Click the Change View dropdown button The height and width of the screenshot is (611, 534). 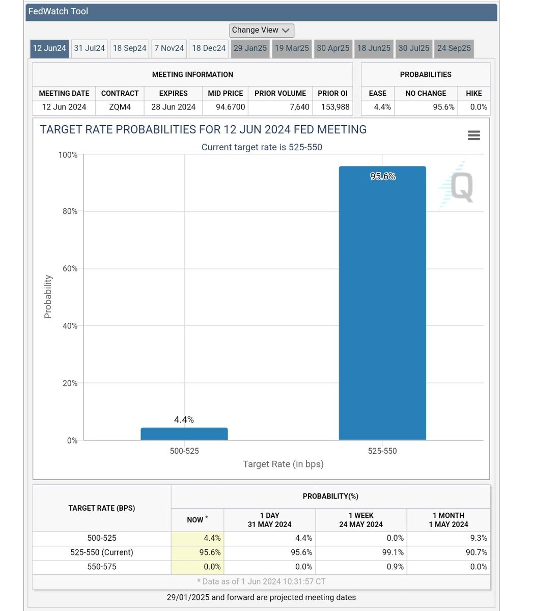262,31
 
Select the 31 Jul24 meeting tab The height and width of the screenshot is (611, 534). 89,48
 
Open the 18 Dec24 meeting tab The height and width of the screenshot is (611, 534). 209,48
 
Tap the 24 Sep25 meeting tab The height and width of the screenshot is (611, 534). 454,48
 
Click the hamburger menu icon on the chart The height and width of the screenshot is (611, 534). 474,135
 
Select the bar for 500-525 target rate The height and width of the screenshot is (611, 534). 184,434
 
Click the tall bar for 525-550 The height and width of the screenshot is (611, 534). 382,303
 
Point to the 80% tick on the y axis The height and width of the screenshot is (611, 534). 70,211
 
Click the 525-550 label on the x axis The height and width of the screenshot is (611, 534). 382,451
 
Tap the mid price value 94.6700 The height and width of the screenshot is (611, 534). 231,107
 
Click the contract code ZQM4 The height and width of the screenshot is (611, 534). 120,107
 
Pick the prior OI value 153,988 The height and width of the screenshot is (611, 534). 335,107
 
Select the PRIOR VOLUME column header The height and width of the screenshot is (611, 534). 280,94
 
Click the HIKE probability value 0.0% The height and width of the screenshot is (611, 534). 479,107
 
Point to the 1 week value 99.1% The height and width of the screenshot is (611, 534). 393,552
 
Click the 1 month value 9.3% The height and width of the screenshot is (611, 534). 479,538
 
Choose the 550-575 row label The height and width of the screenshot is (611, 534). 102,567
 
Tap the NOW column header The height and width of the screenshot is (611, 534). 198,520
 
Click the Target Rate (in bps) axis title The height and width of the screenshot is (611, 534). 283,464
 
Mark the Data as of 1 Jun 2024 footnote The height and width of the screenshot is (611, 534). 261,581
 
